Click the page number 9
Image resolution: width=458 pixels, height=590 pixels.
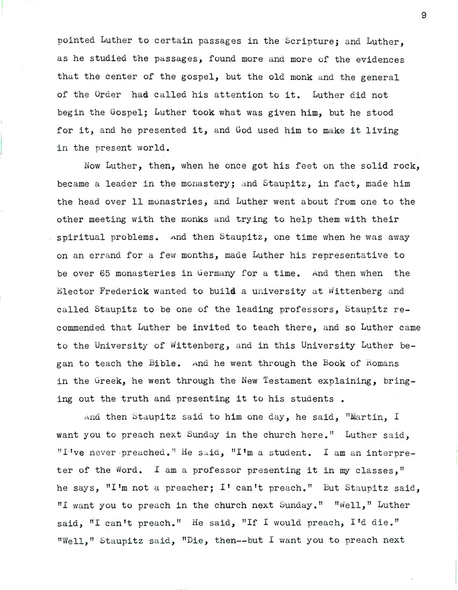click(423, 15)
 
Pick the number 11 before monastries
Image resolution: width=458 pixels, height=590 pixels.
click(138, 202)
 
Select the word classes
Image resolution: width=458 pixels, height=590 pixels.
click(388, 470)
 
